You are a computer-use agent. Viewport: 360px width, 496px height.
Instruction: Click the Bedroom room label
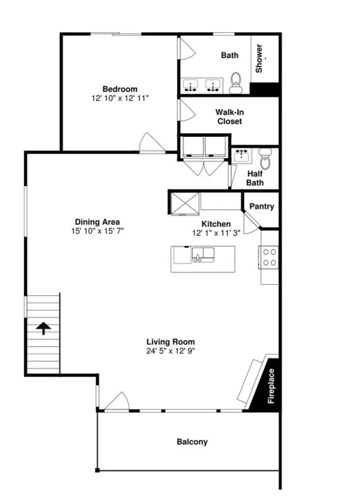(x=120, y=89)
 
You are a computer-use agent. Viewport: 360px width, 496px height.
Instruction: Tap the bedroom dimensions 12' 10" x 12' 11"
(x=120, y=98)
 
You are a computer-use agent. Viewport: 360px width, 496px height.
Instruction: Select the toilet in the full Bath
(x=235, y=83)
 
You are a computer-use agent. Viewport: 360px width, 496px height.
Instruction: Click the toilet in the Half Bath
(x=265, y=158)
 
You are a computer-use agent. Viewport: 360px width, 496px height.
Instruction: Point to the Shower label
(x=259, y=58)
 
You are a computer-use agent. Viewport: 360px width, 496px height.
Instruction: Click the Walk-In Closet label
(x=229, y=117)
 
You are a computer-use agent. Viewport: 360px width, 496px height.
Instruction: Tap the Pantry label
(x=262, y=206)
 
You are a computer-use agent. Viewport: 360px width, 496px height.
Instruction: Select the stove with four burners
(x=268, y=257)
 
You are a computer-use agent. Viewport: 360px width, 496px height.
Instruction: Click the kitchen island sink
(x=203, y=255)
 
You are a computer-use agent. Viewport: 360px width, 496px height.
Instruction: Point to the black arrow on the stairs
(x=43, y=328)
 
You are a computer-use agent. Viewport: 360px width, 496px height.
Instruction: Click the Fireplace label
(x=271, y=386)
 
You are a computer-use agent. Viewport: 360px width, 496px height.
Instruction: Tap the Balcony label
(x=192, y=442)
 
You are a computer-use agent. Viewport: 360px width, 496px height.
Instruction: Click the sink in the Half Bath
(x=242, y=156)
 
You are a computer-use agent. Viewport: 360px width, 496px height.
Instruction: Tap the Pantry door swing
(x=252, y=224)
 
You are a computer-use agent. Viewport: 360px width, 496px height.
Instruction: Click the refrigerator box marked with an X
(x=185, y=203)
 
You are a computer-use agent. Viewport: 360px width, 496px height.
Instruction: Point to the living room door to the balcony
(x=117, y=402)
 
